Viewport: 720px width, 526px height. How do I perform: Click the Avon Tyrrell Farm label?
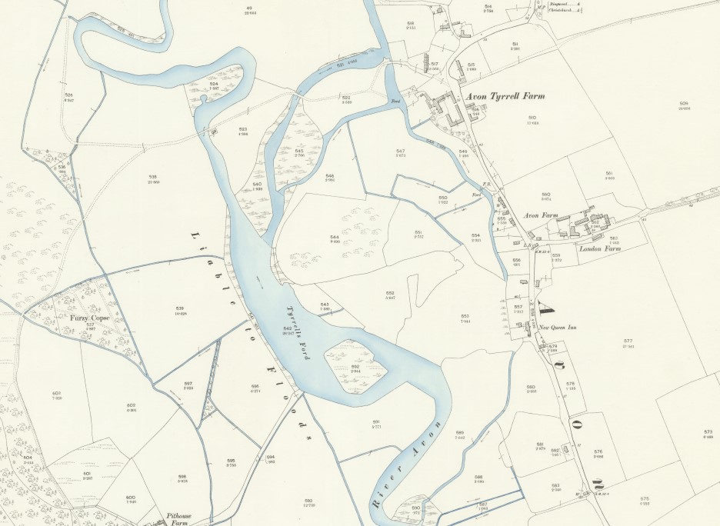pyautogui.click(x=505, y=97)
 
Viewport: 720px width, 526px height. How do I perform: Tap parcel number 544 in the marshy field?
pyautogui.click(x=335, y=237)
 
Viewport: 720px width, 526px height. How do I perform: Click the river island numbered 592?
pyautogui.click(x=355, y=368)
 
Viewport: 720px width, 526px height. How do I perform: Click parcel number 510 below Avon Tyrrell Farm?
pyautogui.click(x=532, y=117)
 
